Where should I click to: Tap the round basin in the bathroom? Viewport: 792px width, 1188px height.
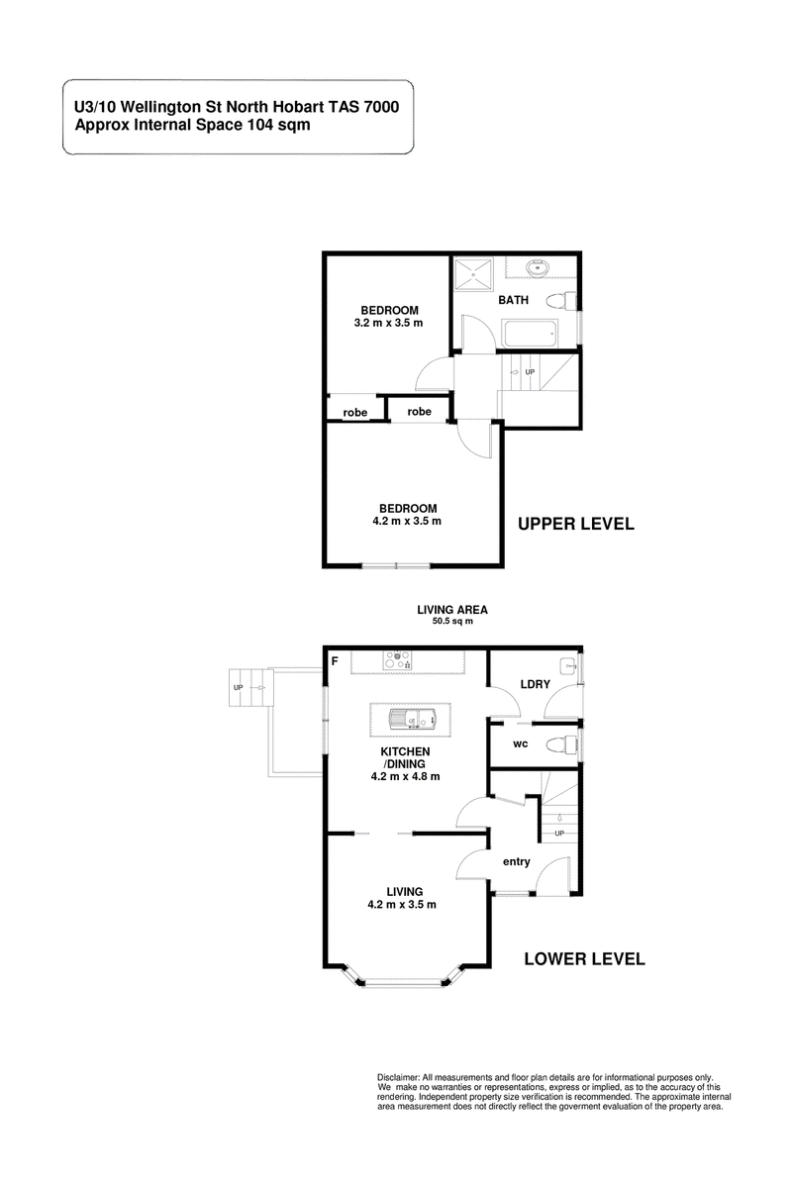[539, 268]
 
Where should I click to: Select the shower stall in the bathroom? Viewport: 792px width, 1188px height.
[472, 273]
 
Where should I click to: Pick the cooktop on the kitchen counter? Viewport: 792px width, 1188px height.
[398, 659]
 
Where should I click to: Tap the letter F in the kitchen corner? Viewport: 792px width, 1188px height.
[335, 661]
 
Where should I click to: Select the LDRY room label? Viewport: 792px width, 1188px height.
[535, 684]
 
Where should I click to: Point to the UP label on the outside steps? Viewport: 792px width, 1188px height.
[239, 687]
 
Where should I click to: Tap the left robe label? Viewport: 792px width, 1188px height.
[354, 413]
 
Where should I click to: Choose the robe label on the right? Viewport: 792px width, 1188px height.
[419, 412]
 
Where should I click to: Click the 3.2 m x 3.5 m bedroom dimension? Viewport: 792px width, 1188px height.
[388, 323]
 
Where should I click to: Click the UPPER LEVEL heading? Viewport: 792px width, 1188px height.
[575, 524]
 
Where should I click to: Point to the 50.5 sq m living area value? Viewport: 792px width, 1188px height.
[452, 621]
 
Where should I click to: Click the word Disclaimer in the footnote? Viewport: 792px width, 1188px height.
[398, 1078]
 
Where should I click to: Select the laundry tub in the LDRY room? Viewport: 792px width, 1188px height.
[569, 665]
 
